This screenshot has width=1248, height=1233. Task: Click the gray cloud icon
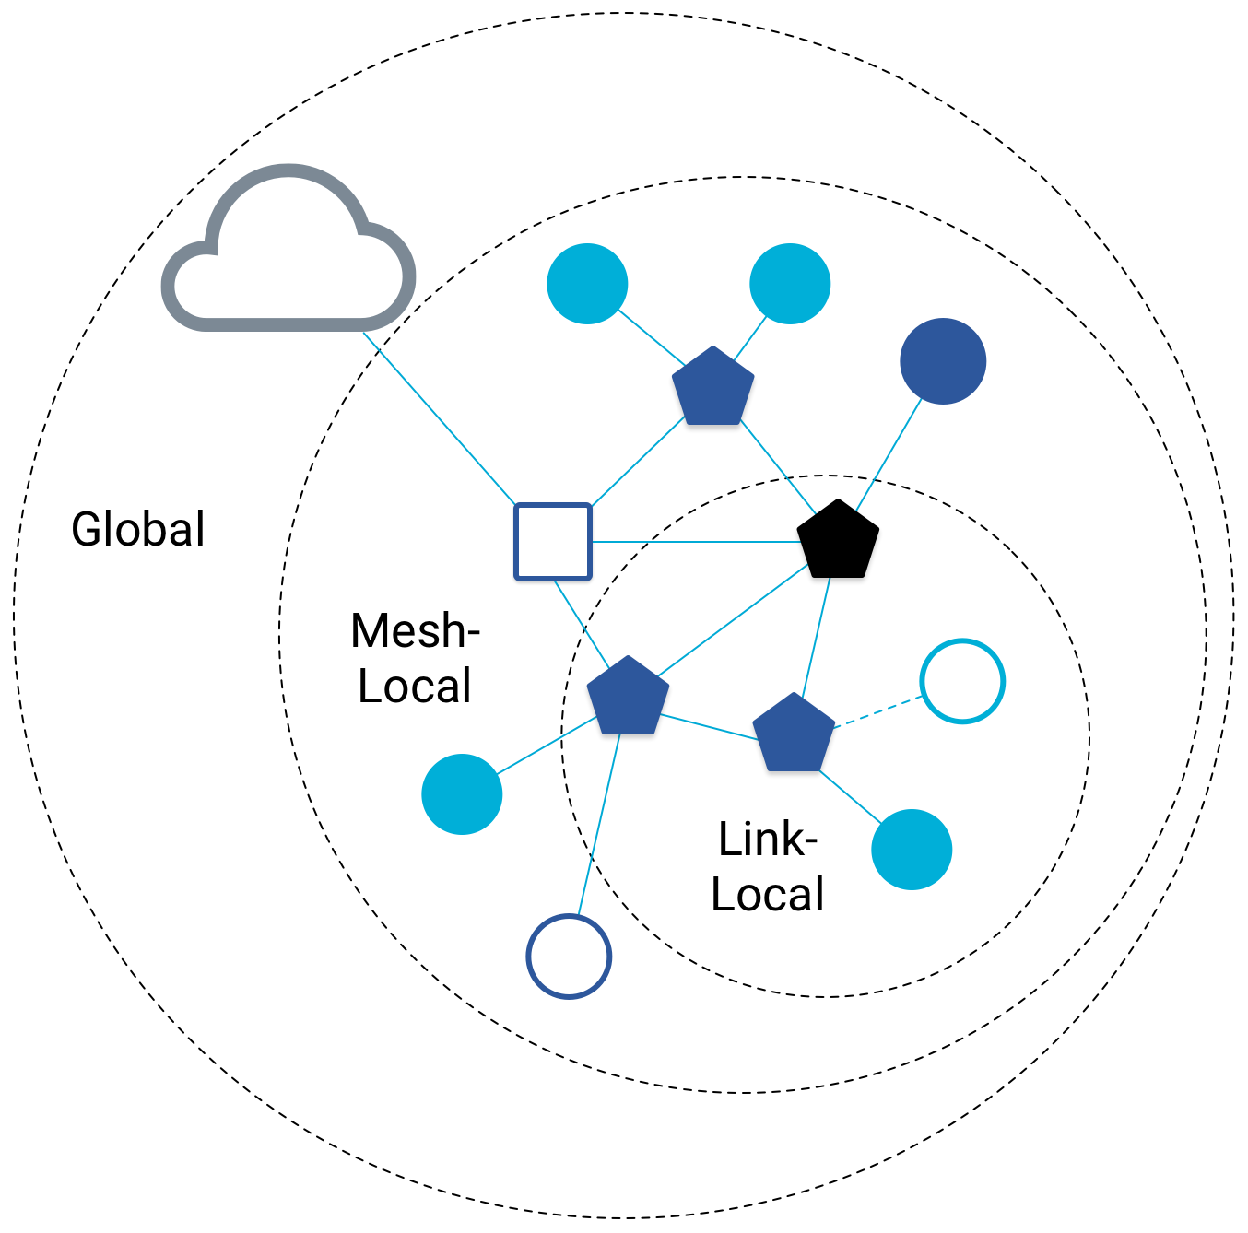point(288,253)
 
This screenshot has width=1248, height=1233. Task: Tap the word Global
point(138,530)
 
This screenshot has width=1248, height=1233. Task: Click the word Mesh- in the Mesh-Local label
point(416,631)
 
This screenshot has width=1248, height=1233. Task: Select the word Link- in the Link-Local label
point(768,840)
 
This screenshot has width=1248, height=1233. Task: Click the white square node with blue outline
point(552,542)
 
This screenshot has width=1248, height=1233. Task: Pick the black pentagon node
point(837,541)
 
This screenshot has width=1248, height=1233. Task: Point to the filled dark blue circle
point(943,361)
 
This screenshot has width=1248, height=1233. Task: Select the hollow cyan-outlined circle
point(962,681)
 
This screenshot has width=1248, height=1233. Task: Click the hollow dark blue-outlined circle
point(569,957)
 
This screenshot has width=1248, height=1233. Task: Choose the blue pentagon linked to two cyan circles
point(712,388)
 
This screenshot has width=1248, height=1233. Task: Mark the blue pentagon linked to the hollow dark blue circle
point(628,698)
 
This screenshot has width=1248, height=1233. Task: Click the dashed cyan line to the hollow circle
point(877,712)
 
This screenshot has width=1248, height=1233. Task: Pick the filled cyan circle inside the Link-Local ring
point(912,850)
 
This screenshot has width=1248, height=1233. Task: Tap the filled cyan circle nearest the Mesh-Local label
point(462,794)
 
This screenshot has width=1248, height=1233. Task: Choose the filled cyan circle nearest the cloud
point(587,284)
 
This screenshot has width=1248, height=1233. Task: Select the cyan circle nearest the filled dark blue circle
point(790,284)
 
